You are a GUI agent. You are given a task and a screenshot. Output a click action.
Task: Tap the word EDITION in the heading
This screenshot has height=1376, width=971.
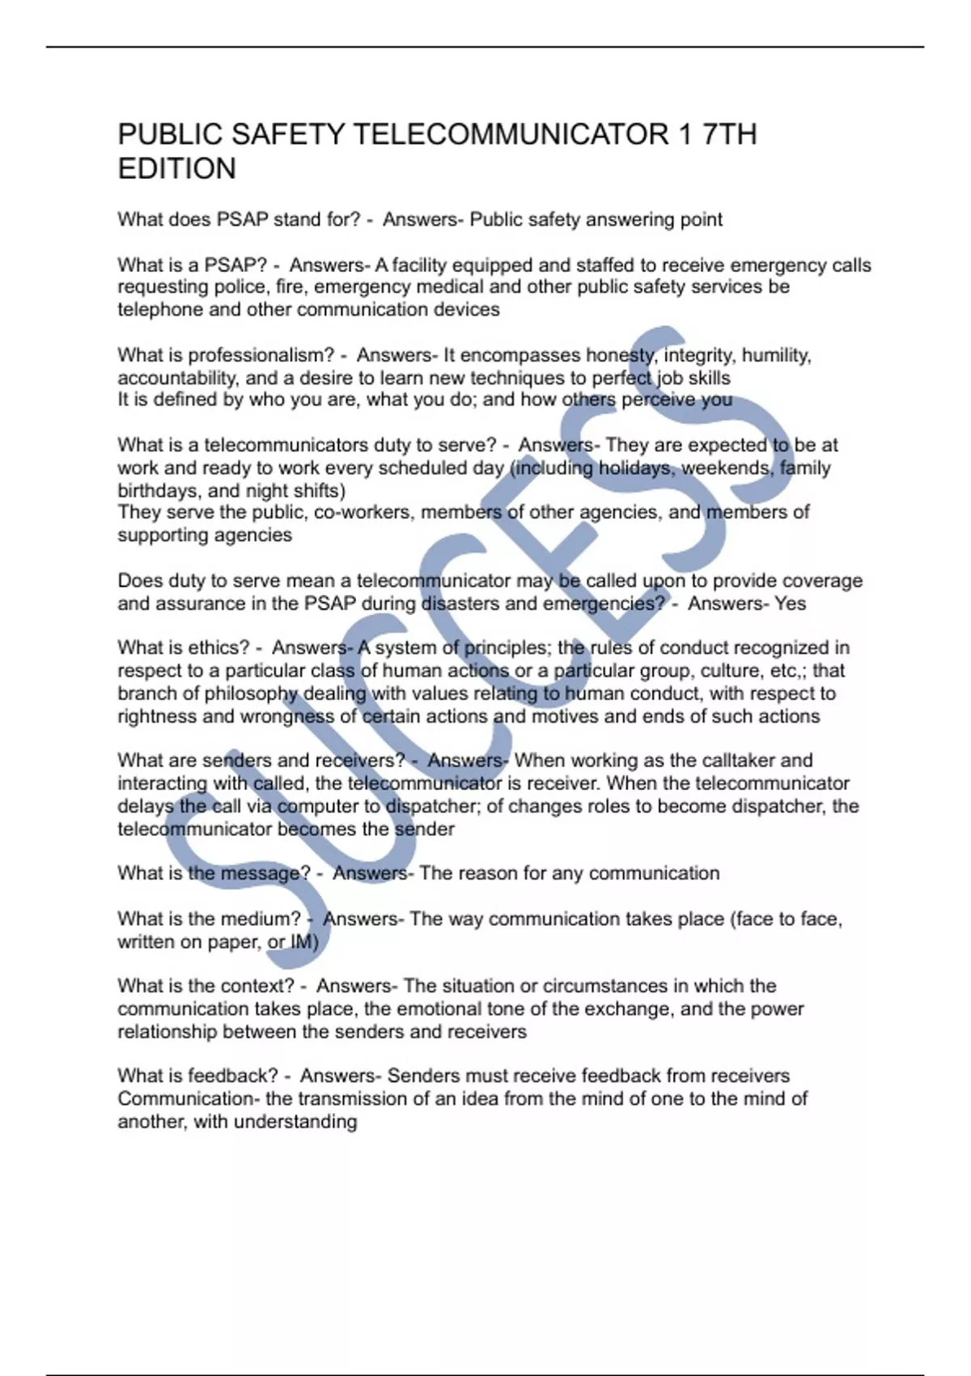[177, 169]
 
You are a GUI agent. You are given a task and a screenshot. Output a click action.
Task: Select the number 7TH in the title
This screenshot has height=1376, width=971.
[730, 134]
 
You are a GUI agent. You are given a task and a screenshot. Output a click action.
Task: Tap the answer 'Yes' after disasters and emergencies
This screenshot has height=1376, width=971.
[790, 603]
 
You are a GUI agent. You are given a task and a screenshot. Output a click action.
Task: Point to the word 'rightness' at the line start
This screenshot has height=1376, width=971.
[157, 716]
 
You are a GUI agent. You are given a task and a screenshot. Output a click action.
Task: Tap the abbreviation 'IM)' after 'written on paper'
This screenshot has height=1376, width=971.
[304, 941]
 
